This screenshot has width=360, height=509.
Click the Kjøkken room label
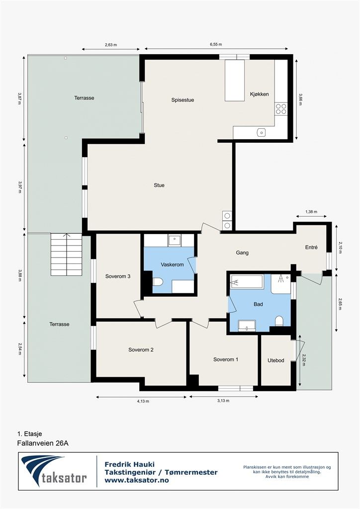(259, 94)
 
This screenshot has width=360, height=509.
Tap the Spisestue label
(183, 100)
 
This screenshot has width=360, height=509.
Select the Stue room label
(159, 185)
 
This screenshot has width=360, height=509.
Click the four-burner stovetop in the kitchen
(281, 109)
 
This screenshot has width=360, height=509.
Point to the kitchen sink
(261, 132)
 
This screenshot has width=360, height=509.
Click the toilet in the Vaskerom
(158, 282)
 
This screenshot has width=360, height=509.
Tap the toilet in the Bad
(279, 321)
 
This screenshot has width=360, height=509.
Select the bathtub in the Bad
(247, 282)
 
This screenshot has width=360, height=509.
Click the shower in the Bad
(281, 284)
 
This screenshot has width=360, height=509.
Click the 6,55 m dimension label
(216, 44)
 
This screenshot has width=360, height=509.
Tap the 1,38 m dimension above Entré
(311, 212)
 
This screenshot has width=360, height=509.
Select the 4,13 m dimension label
(143, 401)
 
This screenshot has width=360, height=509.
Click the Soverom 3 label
(118, 276)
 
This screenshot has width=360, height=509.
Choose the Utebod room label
(276, 360)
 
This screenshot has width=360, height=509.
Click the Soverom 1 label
(226, 360)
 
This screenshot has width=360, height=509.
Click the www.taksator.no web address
(137, 480)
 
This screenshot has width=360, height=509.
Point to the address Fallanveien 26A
(43, 443)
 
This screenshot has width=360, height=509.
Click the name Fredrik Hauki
(129, 465)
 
